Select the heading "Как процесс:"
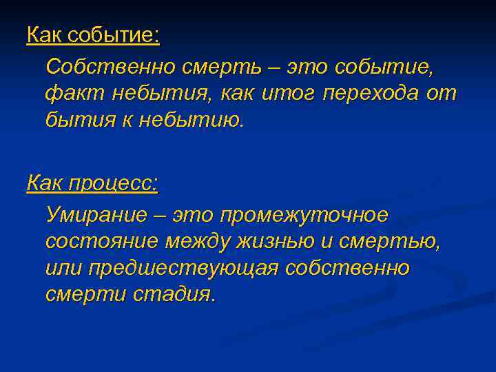point(92,183)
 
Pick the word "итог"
point(291,94)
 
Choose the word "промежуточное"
point(304,216)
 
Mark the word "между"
point(200,242)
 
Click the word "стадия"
point(178,294)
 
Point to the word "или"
point(62,268)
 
